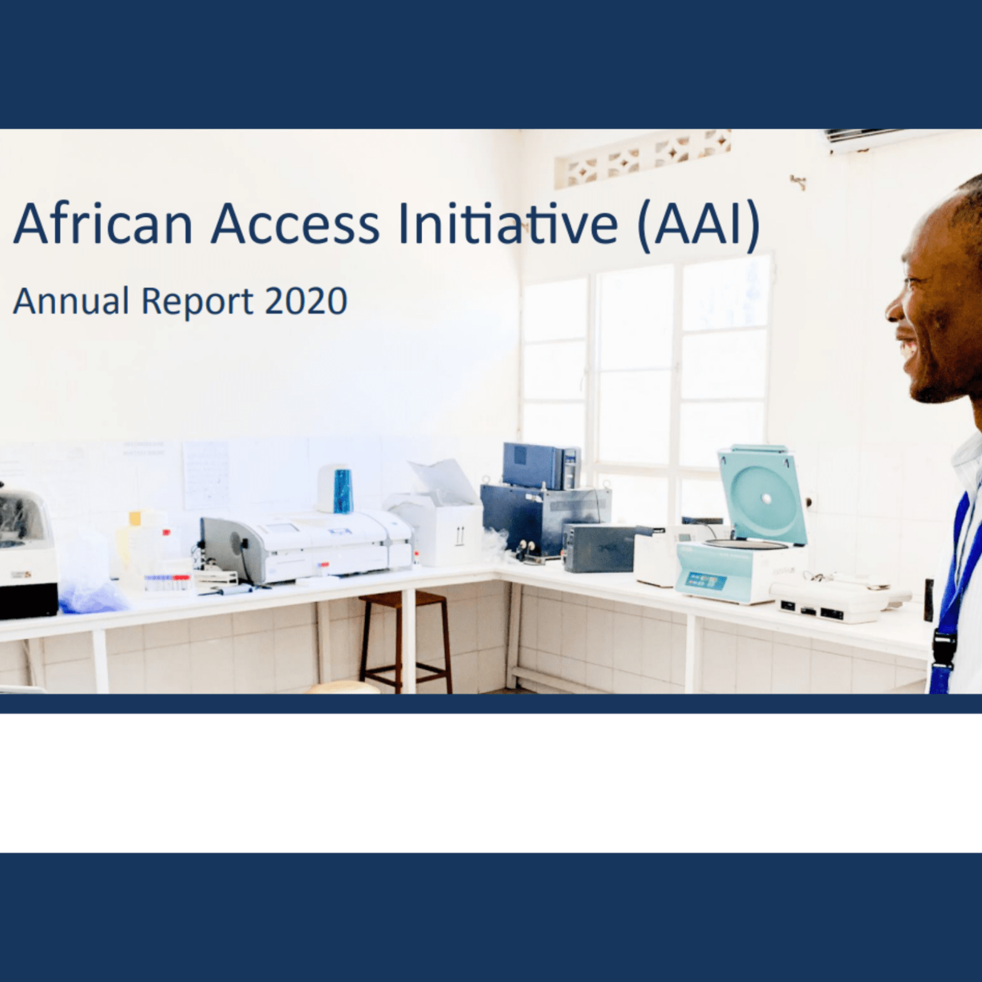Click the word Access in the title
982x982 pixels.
(x=295, y=224)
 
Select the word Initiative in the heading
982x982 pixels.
(x=508, y=224)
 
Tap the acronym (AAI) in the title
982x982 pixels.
(x=698, y=225)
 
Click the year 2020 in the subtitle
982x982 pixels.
(x=306, y=301)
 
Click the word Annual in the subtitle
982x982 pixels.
(x=71, y=301)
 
